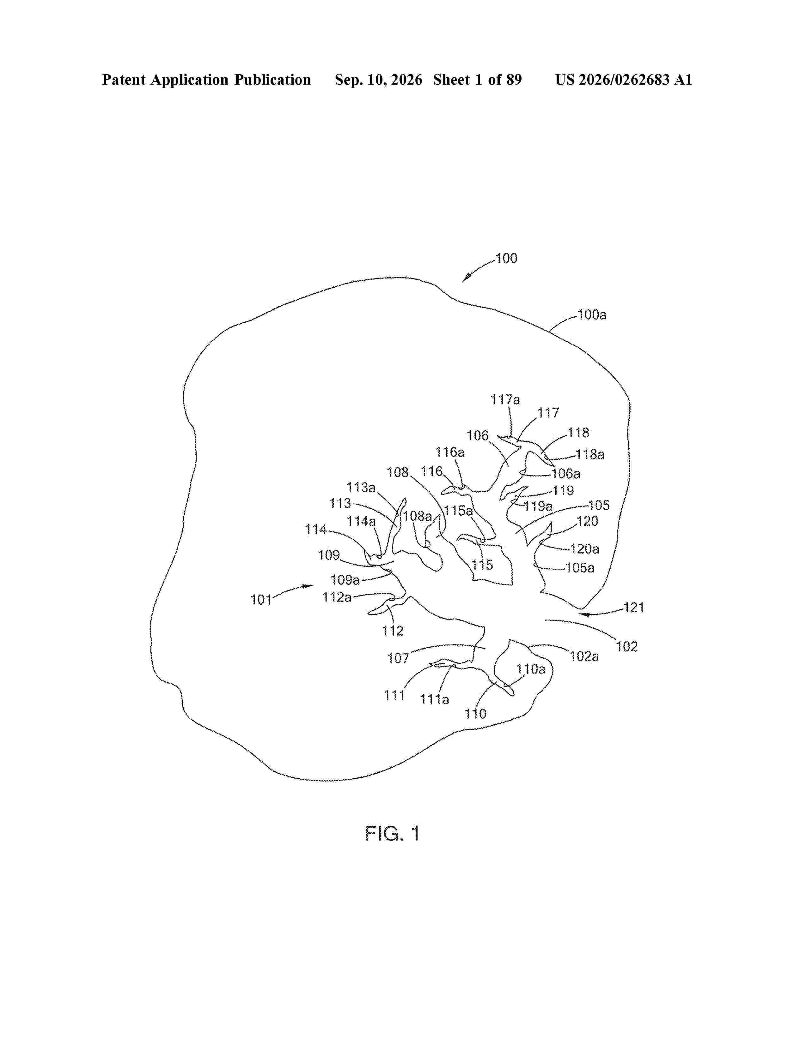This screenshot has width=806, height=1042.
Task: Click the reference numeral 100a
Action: coord(592,315)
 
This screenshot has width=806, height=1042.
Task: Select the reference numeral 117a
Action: coord(505,399)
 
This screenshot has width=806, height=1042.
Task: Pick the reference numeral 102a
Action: coord(584,656)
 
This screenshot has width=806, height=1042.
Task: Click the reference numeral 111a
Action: coord(435,699)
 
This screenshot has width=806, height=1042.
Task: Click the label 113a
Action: coord(361,488)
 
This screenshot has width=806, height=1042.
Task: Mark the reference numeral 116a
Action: coord(450,452)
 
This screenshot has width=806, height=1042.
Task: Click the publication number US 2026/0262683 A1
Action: coord(624,80)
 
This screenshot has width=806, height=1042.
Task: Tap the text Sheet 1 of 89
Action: coord(478,80)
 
